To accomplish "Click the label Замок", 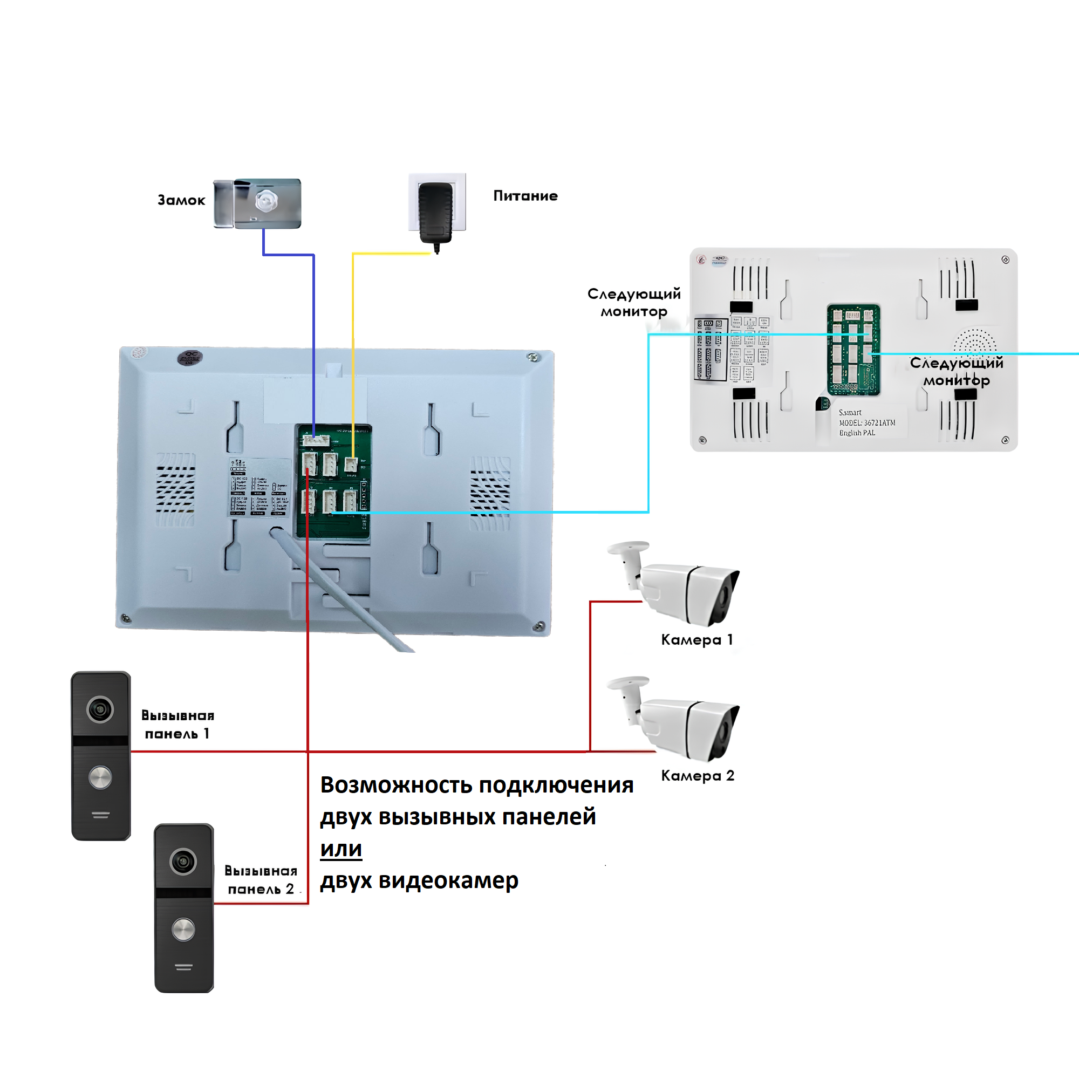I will [x=181, y=200].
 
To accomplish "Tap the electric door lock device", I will [x=257, y=203].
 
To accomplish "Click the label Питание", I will [x=525, y=195].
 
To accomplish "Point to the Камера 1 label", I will [x=696, y=639].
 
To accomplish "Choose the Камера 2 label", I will [x=697, y=775].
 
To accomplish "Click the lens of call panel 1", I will [x=100, y=709].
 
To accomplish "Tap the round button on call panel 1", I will [x=100, y=777].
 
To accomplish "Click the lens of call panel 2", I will [x=183, y=861].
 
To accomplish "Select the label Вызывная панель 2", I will [x=261, y=879].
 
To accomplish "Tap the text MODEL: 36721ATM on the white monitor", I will [x=867, y=423].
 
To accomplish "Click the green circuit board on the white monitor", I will [x=853, y=349].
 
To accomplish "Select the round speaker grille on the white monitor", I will [x=974, y=340].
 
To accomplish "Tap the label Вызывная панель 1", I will [x=177, y=725].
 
